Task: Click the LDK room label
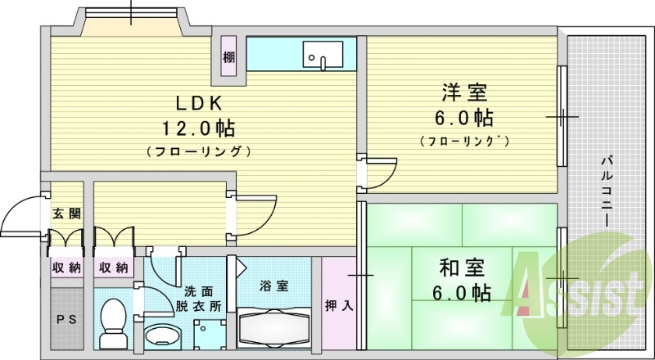pyautogui.click(x=196, y=102)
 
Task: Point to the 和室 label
pyautogui.click(x=463, y=268)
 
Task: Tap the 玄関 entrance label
pyautogui.click(x=66, y=214)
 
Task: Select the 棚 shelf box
pyautogui.click(x=227, y=58)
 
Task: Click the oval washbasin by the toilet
pyautogui.click(x=162, y=337)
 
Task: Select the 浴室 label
pyautogui.click(x=273, y=286)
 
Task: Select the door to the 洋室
pyautogui.click(x=379, y=172)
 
